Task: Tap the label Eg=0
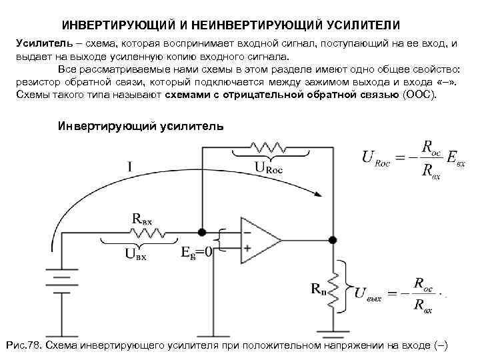pyautogui.click(x=197, y=253)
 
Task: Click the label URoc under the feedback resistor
pyautogui.click(x=269, y=169)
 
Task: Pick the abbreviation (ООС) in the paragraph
pyautogui.click(x=419, y=95)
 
